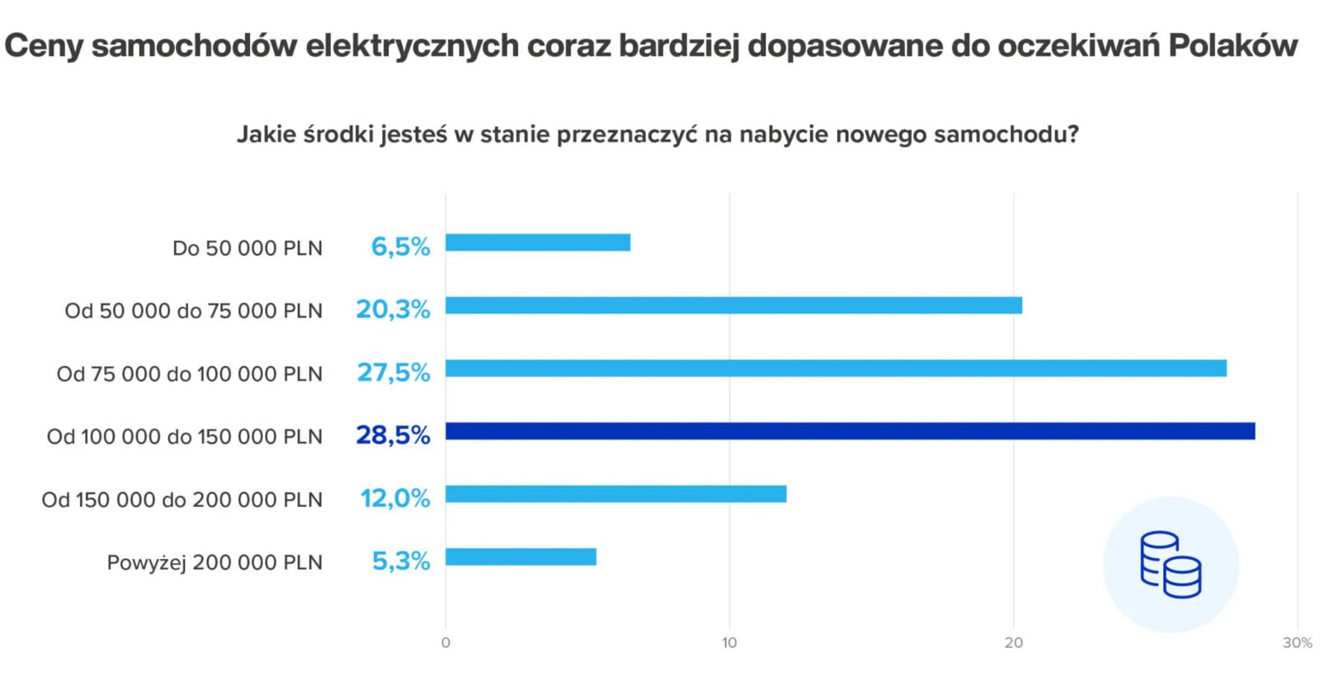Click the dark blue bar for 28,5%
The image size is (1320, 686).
click(850, 431)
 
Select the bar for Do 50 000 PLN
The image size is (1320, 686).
click(538, 242)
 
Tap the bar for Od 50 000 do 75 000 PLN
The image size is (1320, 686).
click(733, 306)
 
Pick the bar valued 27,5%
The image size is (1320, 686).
click(836, 369)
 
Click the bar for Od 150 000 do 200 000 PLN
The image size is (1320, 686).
click(615, 494)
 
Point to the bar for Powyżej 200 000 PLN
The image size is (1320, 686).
click(521, 557)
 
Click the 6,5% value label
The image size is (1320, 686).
click(400, 247)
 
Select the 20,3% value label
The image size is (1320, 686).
click(393, 309)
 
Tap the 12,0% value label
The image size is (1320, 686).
click(394, 498)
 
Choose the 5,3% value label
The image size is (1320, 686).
click(401, 561)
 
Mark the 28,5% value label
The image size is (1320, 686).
click(393, 435)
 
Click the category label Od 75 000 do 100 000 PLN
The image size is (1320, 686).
click(190, 374)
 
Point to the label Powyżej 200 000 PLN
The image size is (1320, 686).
click(214, 563)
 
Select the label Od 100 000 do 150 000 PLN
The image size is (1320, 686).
click(185, 437)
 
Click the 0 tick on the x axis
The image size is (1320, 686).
click(445, 643)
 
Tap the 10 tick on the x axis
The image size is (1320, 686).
click(729, 643)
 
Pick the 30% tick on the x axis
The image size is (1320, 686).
click(1297, 643)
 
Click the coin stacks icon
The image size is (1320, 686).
click(1170, 565)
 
